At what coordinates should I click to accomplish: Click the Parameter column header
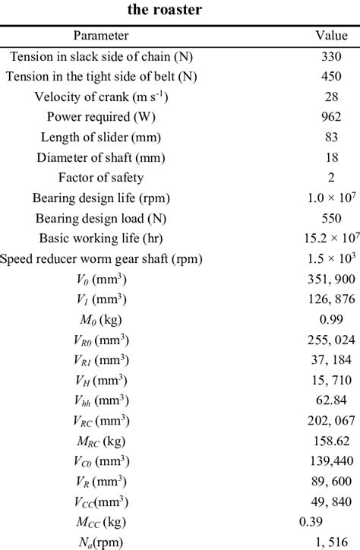(x=101, y=35)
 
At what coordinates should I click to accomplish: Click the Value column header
(x=331, y=35)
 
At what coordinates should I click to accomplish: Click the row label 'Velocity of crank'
(x=101, y=96)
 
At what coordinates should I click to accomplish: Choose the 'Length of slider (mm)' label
(x=101, y=137)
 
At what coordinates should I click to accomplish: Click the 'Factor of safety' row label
(x=101, y=178)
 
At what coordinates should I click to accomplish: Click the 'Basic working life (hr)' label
(x=101, y=239)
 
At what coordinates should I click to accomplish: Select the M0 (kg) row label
(x=101, y=319)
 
